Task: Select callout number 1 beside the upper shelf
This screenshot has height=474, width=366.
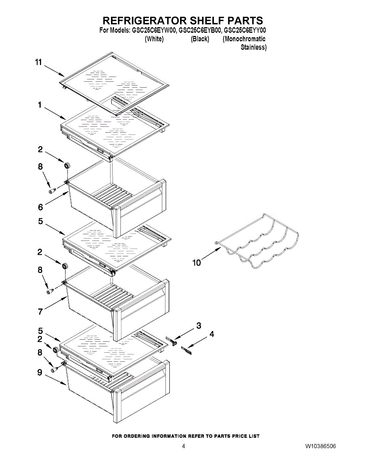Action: point(40,105)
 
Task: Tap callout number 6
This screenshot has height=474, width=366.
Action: point(40,207)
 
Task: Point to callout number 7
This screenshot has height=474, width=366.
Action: point(40,312)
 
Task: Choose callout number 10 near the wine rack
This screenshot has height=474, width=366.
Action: point(197,262)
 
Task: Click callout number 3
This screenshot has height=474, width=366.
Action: point(199,325)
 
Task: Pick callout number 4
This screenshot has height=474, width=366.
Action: point(212,334)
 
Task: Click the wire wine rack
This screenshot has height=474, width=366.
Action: point(259,241)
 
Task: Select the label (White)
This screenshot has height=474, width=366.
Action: point(154,39)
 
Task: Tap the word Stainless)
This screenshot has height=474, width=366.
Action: point(253,47)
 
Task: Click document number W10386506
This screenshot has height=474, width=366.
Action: point(321,446)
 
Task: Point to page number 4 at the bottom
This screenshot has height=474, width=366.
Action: point(183,446)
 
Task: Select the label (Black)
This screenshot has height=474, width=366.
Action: point(200,39)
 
